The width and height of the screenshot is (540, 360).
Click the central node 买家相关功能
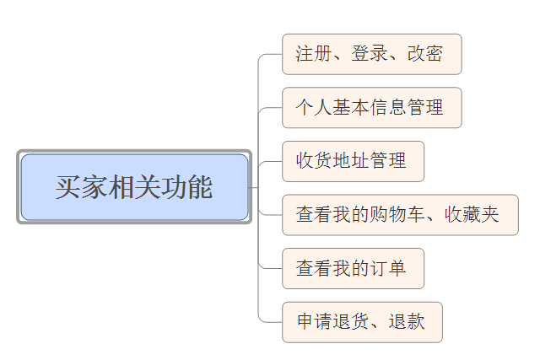(x=134, y=186)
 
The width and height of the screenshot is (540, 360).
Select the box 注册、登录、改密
(x=371, y=54)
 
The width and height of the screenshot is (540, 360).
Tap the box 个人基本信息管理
(x=371, y=108)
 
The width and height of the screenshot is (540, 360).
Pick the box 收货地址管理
(x=353, y=161)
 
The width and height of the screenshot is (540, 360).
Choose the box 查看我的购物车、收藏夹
(x=400, y=215)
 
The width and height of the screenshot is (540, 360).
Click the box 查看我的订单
(x=353, y=268)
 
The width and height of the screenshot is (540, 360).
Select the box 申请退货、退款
(x=362, y=322)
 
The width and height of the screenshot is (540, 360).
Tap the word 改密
(x=424, y=54)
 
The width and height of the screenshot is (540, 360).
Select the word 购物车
(x=397, y=215)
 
